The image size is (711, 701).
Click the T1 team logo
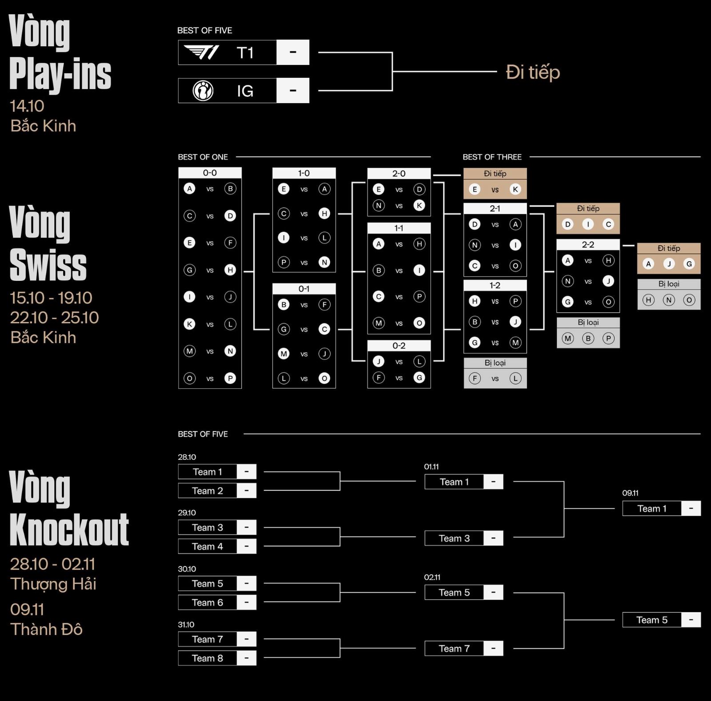tap(202, 52)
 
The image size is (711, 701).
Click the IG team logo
tap(203, 91)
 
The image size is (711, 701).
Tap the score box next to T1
tap(293, 52)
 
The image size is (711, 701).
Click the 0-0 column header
tap(210, 173)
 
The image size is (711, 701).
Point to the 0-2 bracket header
tap(399, 346)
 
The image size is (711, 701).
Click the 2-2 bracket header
tap(588, 244)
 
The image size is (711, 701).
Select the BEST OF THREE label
tap(492, 157)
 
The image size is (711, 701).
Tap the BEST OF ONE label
tap(203, 157)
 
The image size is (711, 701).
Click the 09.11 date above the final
tap(630, 493)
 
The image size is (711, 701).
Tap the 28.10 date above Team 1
tap(187, 457)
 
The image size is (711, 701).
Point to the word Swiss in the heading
tap(48, 265)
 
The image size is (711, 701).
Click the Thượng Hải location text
tap(53, 584)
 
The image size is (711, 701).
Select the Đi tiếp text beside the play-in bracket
tap(533, 72)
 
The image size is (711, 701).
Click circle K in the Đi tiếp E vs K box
tap(515, 189)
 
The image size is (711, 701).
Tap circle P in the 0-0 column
tap(230, 378)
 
